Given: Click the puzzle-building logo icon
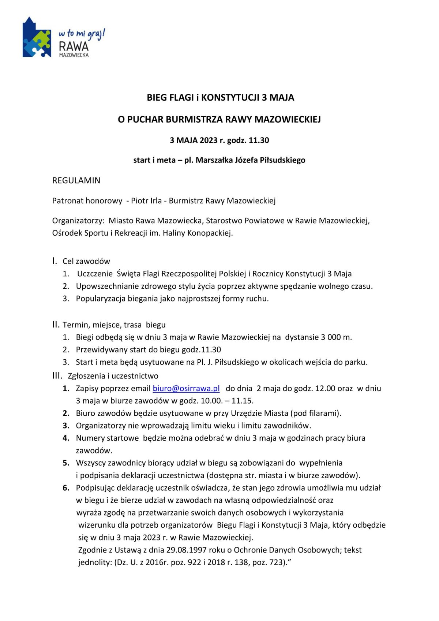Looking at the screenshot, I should (37, 38).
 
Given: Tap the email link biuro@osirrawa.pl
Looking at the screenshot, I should (186, 388).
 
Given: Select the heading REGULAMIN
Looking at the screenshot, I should (76, 180).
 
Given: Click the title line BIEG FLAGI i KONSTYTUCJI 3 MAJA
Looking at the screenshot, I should (220, 97).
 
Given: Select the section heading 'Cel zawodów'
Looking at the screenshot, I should (86, 261).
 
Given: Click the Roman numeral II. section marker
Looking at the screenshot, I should (56, 325).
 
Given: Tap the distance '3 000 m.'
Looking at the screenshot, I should (336, 337).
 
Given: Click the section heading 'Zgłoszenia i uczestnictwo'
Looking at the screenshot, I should (113, 376).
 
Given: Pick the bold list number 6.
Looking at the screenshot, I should (66, 487).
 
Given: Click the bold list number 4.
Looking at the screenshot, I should (66, 438).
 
